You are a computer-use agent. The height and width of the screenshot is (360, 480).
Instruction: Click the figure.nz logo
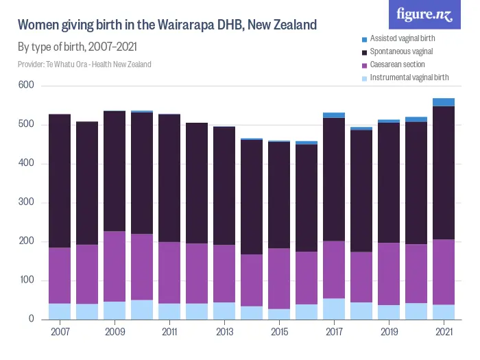click(x=424, y=14)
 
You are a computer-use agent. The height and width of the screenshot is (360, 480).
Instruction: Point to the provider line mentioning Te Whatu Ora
click(x=84, y=64)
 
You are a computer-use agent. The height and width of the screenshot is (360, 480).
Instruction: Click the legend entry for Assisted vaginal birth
click(x=403, y=38)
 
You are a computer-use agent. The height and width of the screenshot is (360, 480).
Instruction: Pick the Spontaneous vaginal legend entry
click(x=401, y=51)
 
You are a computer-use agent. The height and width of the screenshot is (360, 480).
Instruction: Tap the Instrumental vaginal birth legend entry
click(x=409, y=77)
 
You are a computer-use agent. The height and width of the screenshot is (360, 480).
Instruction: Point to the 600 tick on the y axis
click(x=27, y=86)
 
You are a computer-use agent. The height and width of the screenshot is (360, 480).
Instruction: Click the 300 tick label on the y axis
click(x=27, y=203)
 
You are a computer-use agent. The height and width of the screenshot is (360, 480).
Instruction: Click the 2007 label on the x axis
click(x=60, y=332)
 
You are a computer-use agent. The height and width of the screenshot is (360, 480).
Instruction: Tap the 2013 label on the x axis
click(x=224, y=332)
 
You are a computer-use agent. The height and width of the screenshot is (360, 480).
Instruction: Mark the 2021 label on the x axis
click(x=444, y=332)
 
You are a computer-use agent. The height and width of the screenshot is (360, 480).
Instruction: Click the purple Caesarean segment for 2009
click(x=115, y=266)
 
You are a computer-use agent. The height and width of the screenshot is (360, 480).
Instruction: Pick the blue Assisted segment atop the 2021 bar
click(x=444, y=102)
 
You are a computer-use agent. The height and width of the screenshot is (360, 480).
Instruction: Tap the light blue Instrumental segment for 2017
click(x=334, y=309)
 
